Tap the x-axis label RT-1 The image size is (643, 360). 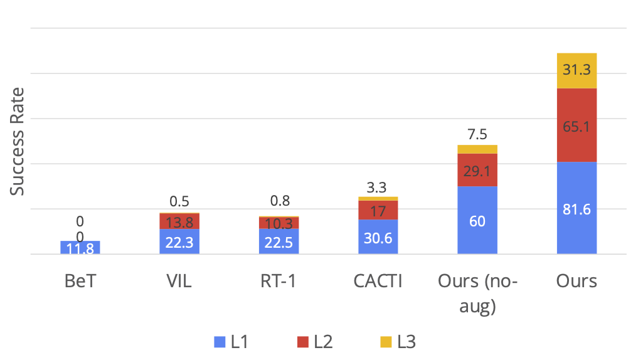point(279,280)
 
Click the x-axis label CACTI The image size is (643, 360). point(378,280)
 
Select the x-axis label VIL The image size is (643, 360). point(179,280)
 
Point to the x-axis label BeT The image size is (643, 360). point(80,280)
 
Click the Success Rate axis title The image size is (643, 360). point(18,141)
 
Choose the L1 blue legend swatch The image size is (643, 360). point(220,342)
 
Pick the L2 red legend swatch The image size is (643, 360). point(303,342)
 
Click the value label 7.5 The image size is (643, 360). point(477,134)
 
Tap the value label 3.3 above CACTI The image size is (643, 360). point(378,186)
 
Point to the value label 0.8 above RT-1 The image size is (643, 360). point(279,202)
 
